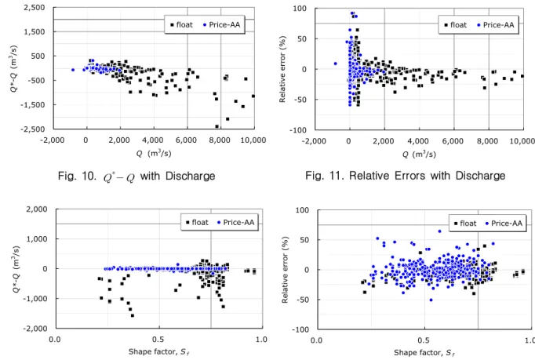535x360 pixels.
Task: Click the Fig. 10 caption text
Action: (x=136, y=176)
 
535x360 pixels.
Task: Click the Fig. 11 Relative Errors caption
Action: (x=405, y=176)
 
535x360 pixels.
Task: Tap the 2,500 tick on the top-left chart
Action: (x=34, y=8)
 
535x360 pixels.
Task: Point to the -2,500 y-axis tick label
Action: (x=32, y=129)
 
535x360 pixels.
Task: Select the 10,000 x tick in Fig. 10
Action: (x=253, y=140)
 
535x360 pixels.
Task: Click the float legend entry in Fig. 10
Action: (x=182, y=25)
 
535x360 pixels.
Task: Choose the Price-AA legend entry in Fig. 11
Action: (x=496, y=25)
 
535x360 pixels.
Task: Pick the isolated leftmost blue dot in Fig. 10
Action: (x=73, y=70)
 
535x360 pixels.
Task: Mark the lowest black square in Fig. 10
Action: (x=217, y=126)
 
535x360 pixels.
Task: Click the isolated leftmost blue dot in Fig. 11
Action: (x=336, y=64)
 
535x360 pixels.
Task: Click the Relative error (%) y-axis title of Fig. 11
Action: (x=282, y=69)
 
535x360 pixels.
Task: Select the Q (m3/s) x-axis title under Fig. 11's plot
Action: (x=419, y=155)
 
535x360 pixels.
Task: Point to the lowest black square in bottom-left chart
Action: (x=133, y=315)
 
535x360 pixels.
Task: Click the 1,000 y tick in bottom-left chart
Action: (x=37, y=239)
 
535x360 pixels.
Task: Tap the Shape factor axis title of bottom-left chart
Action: (x=158, y=352)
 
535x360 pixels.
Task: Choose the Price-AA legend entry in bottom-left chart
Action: (x=235, y=223)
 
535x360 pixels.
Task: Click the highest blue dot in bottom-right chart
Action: (x=439, y=231)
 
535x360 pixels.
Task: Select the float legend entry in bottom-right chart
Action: (x=465, y=224)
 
